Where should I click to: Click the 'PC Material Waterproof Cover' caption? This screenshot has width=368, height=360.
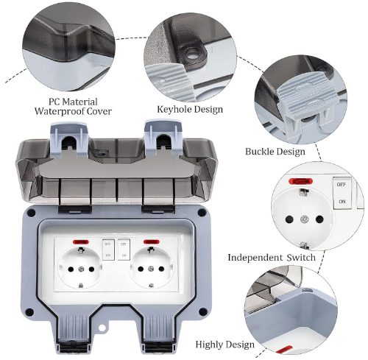[73, 107]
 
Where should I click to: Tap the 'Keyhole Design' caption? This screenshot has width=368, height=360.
[190, 109]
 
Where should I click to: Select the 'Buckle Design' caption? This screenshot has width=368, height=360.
[275, 152]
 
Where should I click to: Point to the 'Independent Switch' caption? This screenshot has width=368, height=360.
[272, 258]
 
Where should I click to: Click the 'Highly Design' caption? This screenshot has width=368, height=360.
[225, 345]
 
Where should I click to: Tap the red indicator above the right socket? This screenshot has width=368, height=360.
[151, 242]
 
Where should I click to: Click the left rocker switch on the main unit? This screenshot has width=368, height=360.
[108, 250]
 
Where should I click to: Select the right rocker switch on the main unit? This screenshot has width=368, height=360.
[124, 250]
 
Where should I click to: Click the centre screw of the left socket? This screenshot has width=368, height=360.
[81, 269]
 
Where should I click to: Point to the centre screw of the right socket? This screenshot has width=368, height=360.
[151, 269]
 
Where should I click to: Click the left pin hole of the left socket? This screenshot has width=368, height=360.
[71, 269]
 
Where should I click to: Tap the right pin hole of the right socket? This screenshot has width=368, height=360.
[161, 269]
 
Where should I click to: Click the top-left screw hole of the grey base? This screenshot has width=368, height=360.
[31, 213]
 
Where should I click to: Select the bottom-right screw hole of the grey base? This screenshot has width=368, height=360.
[202, 312]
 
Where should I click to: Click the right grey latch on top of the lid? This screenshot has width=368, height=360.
[163, 138]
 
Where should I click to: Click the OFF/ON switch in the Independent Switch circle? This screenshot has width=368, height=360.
[342, 193]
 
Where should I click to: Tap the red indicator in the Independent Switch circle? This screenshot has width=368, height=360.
[301, 182]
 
